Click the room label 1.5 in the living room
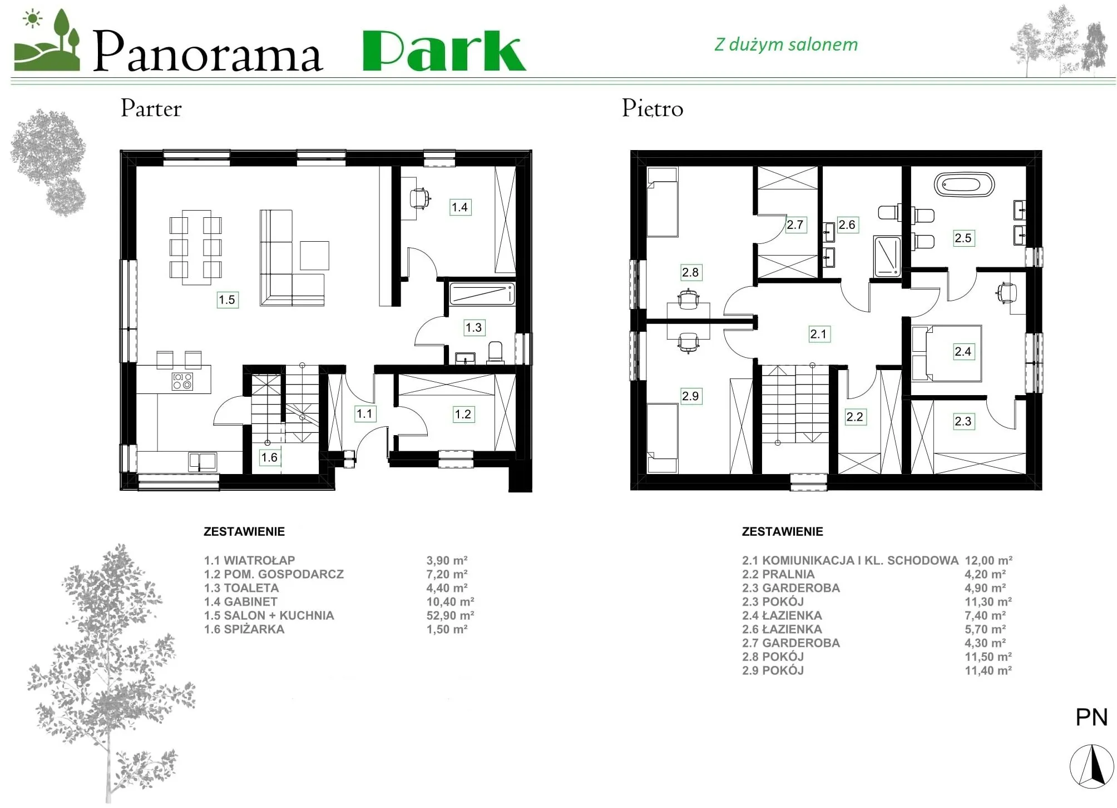(x=227, y=300)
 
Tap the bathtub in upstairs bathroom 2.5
(x=964, y=184)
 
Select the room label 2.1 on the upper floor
(x=818, y=334)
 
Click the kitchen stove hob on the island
(x=182, y=381)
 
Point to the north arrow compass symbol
(x=1091, y=766)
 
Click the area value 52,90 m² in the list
(x=450, y=615)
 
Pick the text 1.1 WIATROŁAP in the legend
(x=249, y=560)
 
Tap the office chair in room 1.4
(x=420, y=198)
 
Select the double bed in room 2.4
(x=946, y=353)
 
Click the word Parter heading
(x=151, y=108)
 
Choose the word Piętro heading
(x=653, y=109)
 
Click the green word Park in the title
(x=444, y=51)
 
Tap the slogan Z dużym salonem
(x=786, y=44)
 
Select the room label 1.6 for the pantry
(x=269, y=457)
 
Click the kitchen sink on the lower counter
(x=202, y=462)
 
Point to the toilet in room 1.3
(x=495, y=352)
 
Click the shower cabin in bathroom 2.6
(x=887, y=256)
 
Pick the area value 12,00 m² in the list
(x=989, y=560)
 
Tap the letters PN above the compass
(x=1091, y=717)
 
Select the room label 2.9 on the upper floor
(x=690, y=396)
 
